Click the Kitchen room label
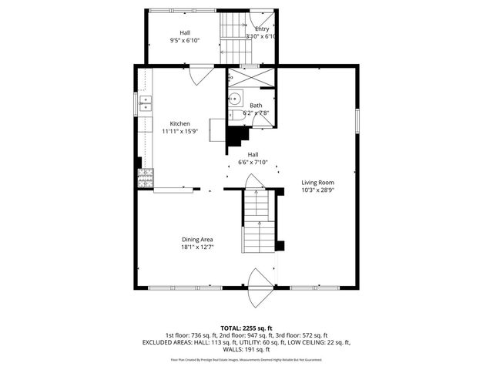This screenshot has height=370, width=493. point(180,123)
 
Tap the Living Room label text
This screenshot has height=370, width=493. point(317,182)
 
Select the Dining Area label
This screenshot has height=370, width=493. point(196,239)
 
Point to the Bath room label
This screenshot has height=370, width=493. point(256,106)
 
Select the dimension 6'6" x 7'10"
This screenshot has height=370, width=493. point(253,162)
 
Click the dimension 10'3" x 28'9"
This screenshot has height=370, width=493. point(317,190)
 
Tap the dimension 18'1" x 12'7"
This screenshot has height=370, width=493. point(196,247)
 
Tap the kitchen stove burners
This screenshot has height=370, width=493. point(144,178)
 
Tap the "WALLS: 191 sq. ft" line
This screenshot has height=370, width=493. point(246,349)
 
